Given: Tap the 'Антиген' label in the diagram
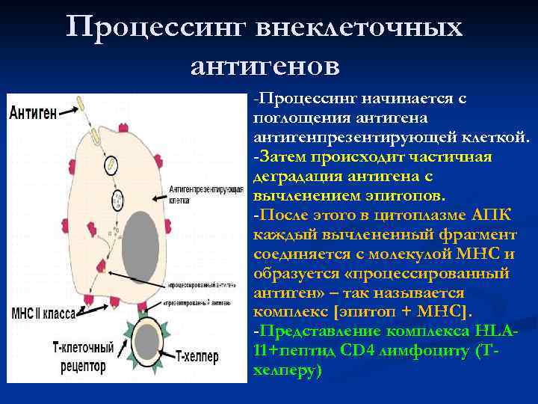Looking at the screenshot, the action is click(34, 113).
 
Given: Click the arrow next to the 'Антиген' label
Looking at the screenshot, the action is click(72, 113).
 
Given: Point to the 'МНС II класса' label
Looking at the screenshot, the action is click(43, 314).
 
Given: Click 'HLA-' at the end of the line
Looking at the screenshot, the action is click(501, 330).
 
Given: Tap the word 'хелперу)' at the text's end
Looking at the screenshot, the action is click(288, 370).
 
